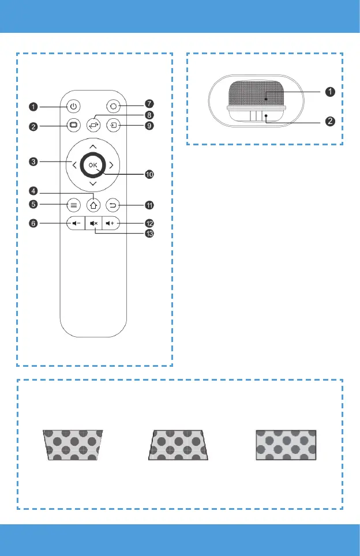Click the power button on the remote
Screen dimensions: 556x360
pos(73,106)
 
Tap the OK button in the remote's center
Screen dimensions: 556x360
pos(94,165)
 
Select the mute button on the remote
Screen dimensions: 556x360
pos(94,223)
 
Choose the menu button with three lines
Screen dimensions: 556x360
pos(73,204)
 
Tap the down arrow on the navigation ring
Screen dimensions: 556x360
pos(93,184)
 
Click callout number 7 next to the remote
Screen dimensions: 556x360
pos(149,104)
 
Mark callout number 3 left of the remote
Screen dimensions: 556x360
pos(35,163)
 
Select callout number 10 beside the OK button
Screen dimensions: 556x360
pos(150,173)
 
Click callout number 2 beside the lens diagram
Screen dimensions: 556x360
pos(330,121)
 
